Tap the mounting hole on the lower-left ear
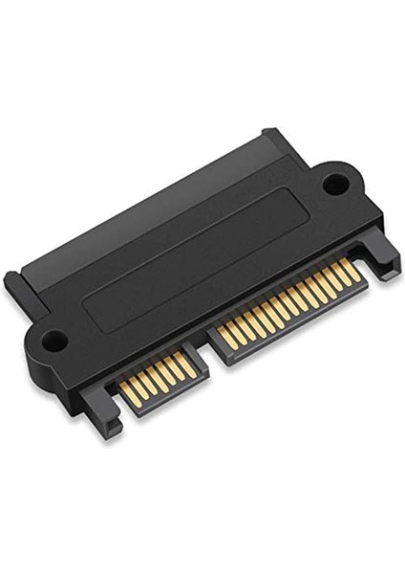(54, 338)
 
